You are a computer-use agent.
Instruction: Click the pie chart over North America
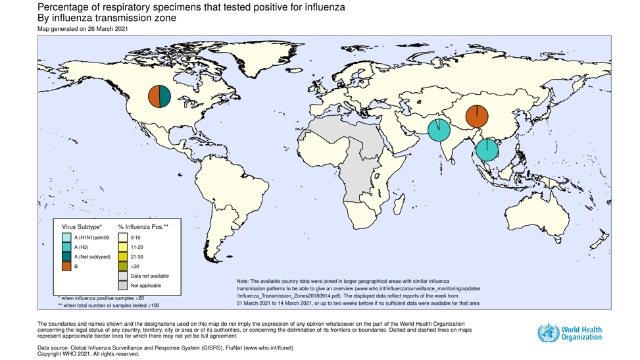pyautogui.click(x=159, y=96)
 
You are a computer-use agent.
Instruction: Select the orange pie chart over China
pyautogui.click(x=477, y=116)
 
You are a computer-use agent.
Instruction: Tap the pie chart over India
pyautogui.click(x=439, y=130)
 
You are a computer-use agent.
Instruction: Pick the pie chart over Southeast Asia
pyautogui.click(x=487, y=149)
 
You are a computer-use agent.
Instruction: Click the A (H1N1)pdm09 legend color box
pyautogui.click(x=66, y=237)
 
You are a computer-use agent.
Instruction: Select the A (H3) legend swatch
pyautogui.click(x=66, y=247)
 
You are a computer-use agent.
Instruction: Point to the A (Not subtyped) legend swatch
pyautogui.click(x=66, y=257)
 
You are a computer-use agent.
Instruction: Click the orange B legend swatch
pyautogui.click(x=66, y=267)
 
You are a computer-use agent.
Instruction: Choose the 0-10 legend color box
pyautogui.click(x=123, y=237)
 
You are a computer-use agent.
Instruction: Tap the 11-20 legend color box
pyautogui.click(x=123, y=247)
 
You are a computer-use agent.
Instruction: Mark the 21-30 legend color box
pyautogui.click(x=123, y=257)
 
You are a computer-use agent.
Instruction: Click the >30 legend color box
pyautogui.click(x=123, y=267)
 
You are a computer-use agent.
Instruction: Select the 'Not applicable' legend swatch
pyautogui.click(x=123, y=286)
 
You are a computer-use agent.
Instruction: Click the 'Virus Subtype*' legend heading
pyautogui.click(x=82, y=226)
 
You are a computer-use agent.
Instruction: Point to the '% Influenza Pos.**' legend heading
pyautogui.click(x=143, y=226)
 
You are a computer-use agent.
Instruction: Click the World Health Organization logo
pyautogui.click(x=570, y=333)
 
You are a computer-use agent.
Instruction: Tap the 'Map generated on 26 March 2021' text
pyautogui.click(x=83, y=29)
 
